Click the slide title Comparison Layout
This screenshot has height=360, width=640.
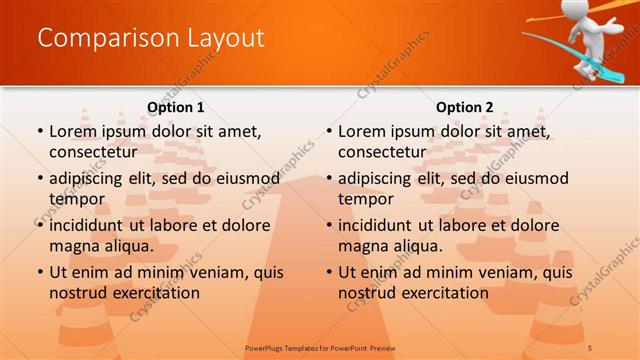(151, 38)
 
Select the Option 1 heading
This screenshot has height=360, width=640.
(176, 107)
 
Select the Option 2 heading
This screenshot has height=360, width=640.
(465, 107)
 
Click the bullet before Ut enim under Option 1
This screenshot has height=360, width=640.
(38, 272)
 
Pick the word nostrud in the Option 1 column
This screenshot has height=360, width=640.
(79, 292)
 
